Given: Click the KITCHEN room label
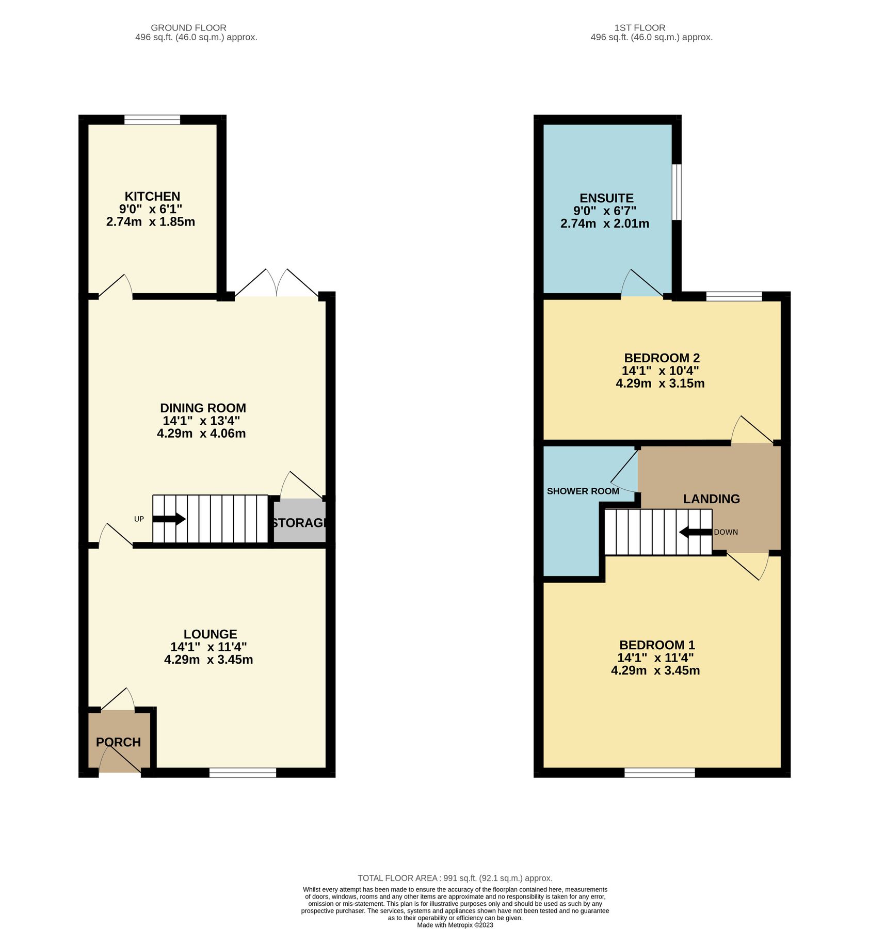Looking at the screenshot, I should [152, 196].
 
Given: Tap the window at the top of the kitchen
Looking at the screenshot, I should [152, 120].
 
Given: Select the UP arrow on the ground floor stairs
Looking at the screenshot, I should [169, 519].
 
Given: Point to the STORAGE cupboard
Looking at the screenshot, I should [299, 522].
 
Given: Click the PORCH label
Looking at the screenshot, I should [118, 742].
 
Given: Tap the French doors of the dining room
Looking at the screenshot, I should [277, 284].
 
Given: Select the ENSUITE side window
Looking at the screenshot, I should [677, 193].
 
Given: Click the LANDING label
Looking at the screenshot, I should [711, 499].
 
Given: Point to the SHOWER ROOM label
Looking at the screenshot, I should [583, 491].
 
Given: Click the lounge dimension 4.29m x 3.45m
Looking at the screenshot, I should [208, 659].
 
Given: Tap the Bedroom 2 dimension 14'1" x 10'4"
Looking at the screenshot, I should [660, 371].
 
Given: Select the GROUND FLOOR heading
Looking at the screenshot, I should [188, 28].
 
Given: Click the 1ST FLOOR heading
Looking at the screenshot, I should [639, 28].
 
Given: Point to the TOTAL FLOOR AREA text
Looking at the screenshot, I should [455, 878].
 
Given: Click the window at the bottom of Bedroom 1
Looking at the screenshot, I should [659, 772].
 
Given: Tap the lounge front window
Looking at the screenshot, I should [243, 772].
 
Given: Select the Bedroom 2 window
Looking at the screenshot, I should [734, 296].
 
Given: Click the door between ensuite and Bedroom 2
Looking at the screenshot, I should [642, 286].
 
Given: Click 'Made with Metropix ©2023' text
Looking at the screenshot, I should [455, 925].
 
